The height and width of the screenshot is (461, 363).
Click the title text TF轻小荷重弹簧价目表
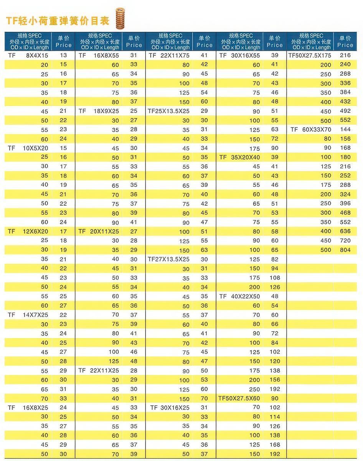[58, 20]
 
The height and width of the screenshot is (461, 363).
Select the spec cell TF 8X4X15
[28, 55]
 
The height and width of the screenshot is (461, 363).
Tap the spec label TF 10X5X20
[28, 148]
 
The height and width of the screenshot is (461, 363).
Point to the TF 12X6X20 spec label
[28, 232]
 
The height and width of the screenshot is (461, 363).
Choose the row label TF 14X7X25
[28, 315]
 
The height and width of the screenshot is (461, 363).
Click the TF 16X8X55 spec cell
[99, 55]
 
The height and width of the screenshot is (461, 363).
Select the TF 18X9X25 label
[99, 111]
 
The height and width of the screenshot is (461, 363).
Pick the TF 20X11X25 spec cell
[99, 232]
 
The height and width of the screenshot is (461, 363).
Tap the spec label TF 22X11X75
[169, 55]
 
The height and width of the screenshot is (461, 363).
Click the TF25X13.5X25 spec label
[169, 111]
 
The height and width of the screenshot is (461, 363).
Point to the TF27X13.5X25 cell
[169, 259]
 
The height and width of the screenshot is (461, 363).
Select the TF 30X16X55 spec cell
[239, 55]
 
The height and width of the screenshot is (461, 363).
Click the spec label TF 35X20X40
[239, 157]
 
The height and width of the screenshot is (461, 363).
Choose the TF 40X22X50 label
[239, 296]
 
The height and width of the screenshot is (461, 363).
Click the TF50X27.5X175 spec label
[310, 55]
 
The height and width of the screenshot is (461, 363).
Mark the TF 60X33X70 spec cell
[311, 130]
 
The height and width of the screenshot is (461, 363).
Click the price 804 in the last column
[345, 250]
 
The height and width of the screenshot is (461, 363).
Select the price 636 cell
[345, 231]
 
